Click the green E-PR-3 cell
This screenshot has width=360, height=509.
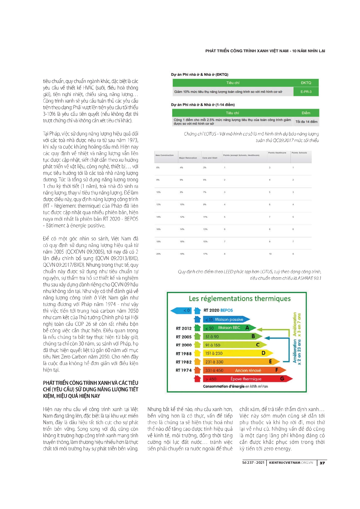click(x=306, y=92)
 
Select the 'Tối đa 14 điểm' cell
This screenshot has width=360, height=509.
click(x=306, y=122)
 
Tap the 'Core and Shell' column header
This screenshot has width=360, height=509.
click(x=210, y=158)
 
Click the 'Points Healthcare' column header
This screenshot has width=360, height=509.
click(x=277, y=153)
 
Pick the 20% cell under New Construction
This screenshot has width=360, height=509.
click(x=158, y=254)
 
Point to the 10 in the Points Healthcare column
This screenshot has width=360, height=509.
click(x=270, y=254)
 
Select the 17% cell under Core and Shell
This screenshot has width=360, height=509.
click(x=205, y=254)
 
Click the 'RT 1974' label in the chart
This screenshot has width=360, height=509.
click(x=184, y=370)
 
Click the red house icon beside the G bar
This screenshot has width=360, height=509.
click(x=197, y=378)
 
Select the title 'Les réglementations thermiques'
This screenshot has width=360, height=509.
click(x=240, y=299)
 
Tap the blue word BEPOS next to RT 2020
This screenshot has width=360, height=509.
click(x=227, y=310)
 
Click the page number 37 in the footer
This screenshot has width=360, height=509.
click(x=322, y=463)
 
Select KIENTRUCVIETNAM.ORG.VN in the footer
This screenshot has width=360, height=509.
click(x=291, y=463)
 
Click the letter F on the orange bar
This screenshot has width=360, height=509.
click(x=277, y=370)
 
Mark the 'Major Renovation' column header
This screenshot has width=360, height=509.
click(x=188, y=158)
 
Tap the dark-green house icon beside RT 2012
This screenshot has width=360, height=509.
click(x=197, y=328)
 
